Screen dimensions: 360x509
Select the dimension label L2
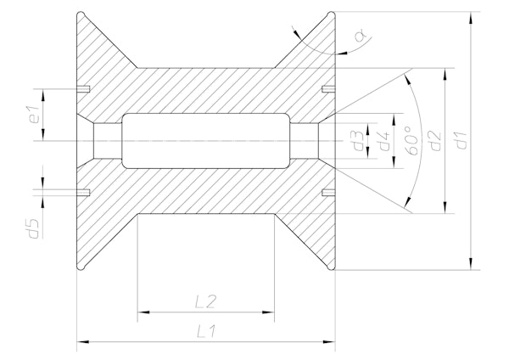pos(206,301)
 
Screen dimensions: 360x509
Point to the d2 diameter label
pos(434,140)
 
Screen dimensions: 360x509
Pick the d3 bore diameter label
pos(360,140)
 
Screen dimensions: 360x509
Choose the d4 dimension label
pos(384,140)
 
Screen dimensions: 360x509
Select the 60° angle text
pos(411,140)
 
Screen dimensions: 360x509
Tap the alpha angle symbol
pos(360,35)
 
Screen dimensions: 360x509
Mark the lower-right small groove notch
pos(328,191)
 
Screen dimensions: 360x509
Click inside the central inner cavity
pos(206,140)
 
